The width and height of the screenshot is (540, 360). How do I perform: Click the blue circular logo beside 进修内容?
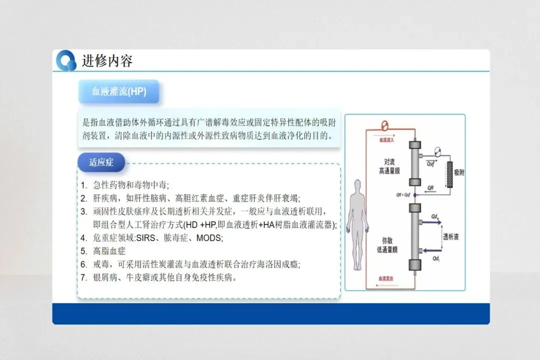tap(66, 60)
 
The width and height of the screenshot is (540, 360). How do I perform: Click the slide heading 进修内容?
tap(107, 61)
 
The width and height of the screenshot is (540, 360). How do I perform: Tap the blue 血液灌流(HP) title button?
tap(118, 91)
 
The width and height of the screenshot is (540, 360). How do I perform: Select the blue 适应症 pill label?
tap(101, 162)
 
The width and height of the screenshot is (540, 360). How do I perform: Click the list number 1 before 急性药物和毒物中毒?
tap(83, 185)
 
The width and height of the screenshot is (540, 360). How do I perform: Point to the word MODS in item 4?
tap(209, 237)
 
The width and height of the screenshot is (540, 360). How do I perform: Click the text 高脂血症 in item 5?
tap(109, 250)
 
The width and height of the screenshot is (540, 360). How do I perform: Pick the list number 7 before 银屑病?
tap(83, 277)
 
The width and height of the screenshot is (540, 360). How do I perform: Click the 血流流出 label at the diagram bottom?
tap(386, 278)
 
